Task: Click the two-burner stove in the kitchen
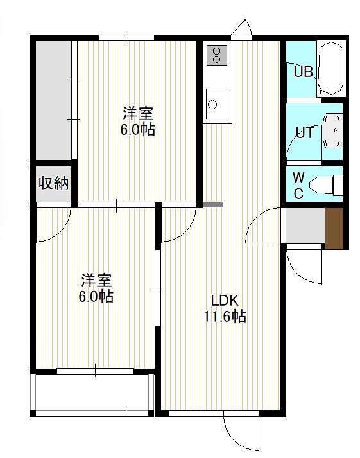click(216, 55)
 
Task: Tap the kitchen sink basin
click(216, 103)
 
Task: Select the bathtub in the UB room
click(331, 68)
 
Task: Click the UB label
click(303, 71)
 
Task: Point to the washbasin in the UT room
click(332, 131)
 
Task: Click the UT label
click(305, 133)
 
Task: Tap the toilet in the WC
click(326, 184)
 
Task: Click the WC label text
click(298, 185)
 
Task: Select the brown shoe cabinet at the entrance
click(334, 229)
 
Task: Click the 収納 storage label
click(53, 184)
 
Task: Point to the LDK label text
click(225, 301)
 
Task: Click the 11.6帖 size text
click(225, 316)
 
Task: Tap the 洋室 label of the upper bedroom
click(138, 114)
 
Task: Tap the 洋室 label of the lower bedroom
click(96, 281)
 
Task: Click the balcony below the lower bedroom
click(92, 393)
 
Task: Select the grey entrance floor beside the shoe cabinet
click(305, 225)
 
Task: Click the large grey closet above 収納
click(54, 100)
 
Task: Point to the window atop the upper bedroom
click(126, 38)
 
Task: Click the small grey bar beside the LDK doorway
click(213, 205)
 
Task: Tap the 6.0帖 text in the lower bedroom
click(96, 297)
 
